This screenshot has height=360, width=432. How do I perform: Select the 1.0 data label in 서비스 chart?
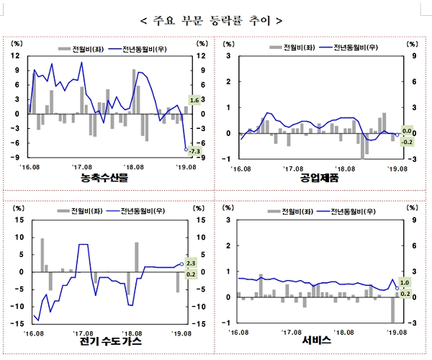coord(405,283)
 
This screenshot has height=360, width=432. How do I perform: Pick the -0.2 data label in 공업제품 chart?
coord(406,141)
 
